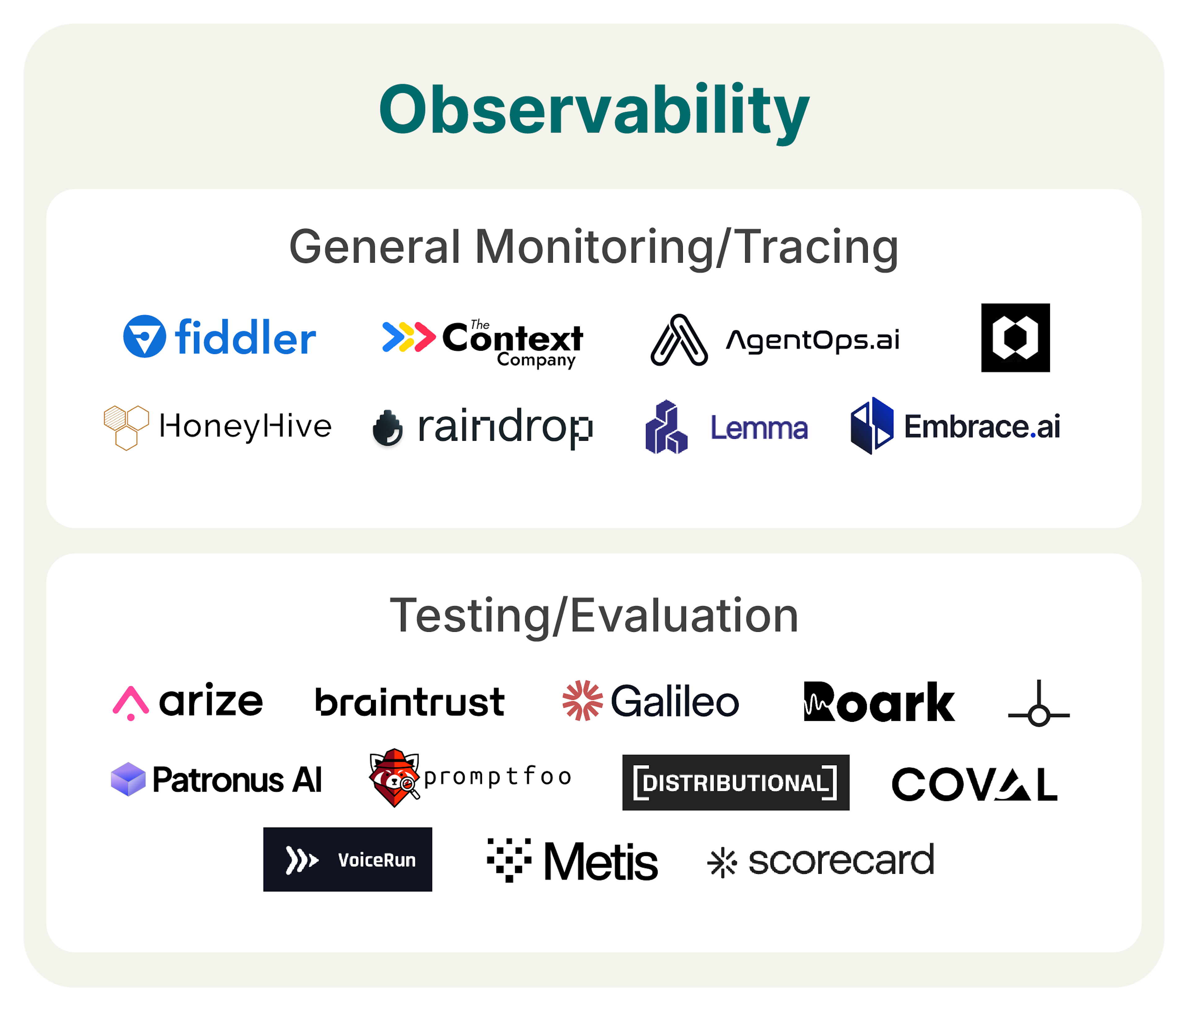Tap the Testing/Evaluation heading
click(594, 615)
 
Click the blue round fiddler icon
click(145, 336)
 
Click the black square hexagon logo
click(1015, 338)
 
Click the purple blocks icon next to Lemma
click(666, 427)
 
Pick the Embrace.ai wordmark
click(982, 426)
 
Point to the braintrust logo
click(410, 702)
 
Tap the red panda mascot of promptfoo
click(394, 778)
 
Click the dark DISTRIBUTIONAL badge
click(735, 782)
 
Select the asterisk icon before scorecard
click(722, 862)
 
